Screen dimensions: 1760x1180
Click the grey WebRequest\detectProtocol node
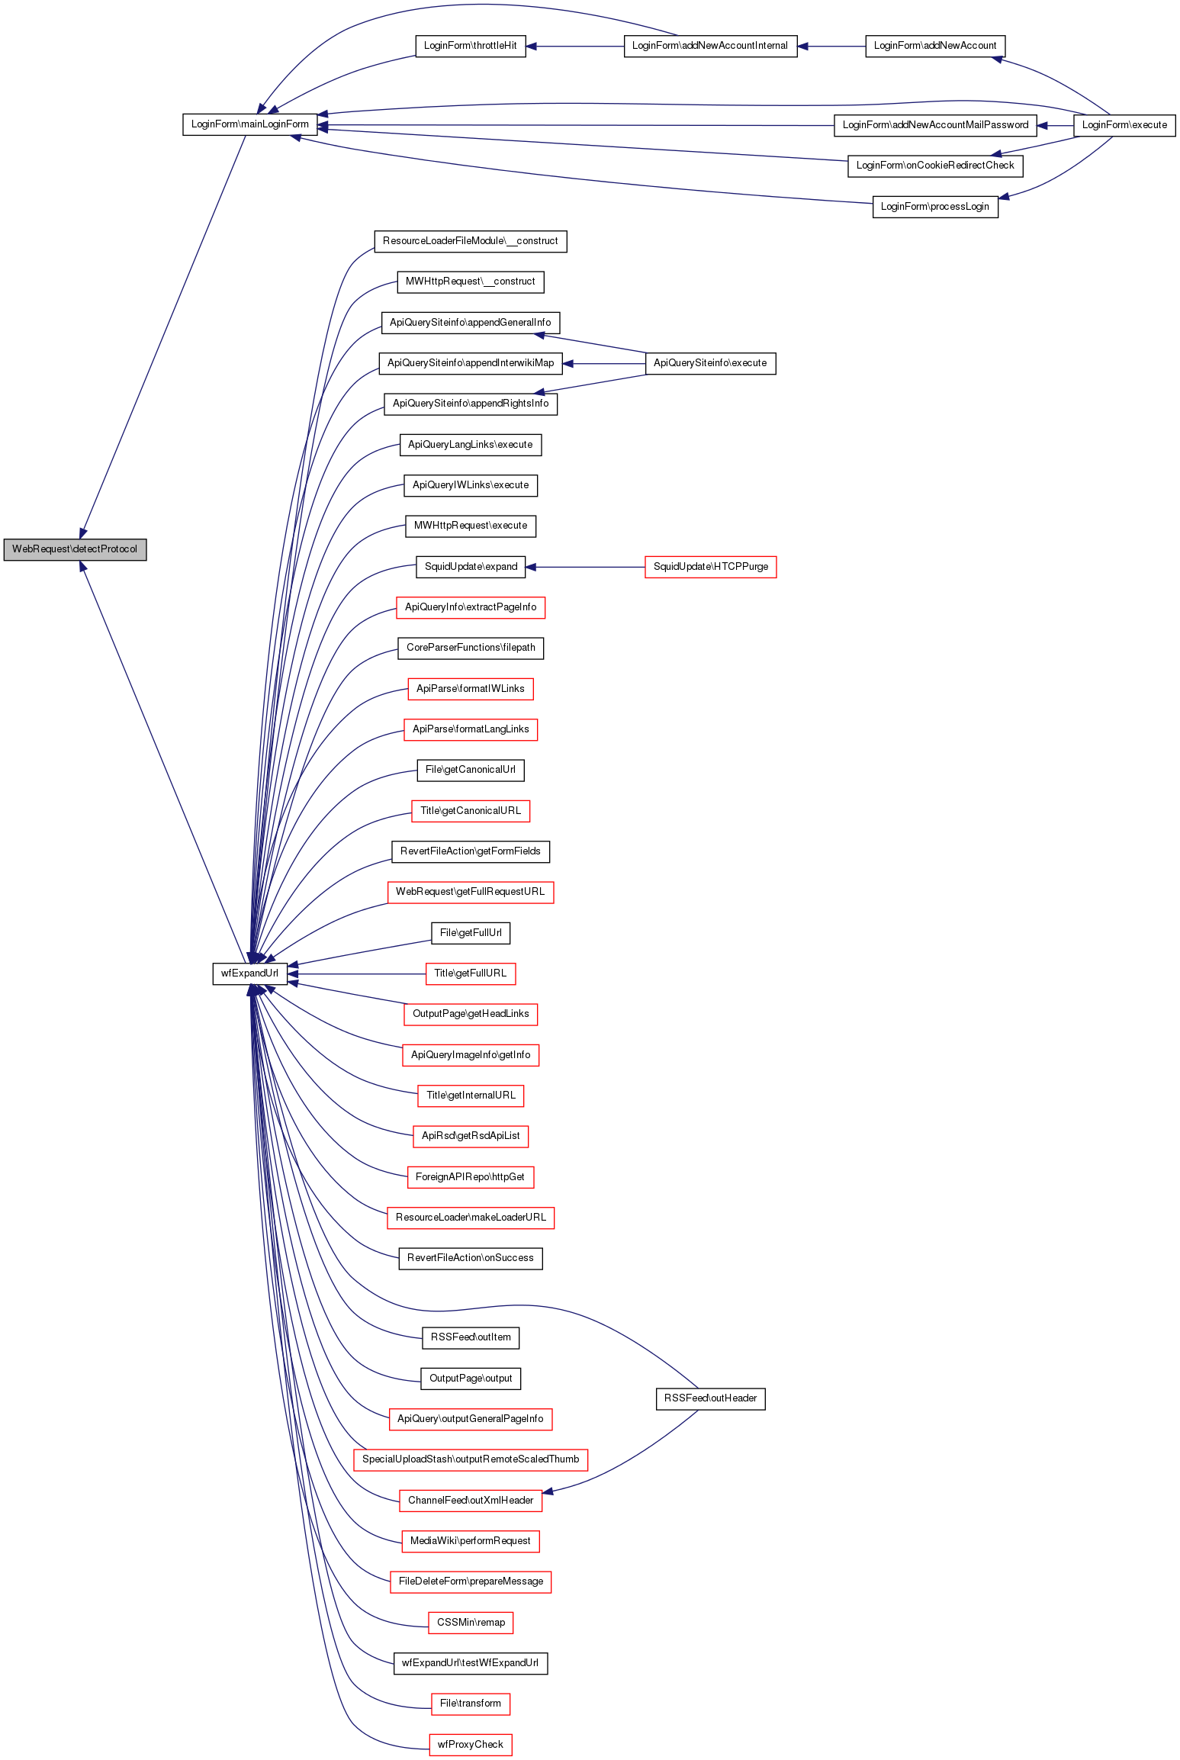[x=75, y=549]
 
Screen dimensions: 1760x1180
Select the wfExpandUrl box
[x=249, y=973]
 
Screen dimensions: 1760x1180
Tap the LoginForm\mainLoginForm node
[x=249, y=124]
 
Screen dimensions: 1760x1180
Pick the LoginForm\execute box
[x=1124, y=125]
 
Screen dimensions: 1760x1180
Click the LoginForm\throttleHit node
[x=470, y=46]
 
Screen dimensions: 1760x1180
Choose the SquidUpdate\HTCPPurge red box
[x=710, y=567]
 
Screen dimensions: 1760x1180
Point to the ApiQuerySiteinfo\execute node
[x=710, y=363]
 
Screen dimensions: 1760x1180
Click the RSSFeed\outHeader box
[x=710, y=1398]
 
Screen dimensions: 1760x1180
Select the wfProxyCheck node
[x=470, y=1745]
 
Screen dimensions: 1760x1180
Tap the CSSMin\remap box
[x=471, y=1623]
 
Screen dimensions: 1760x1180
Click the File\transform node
[x=470, y=1704]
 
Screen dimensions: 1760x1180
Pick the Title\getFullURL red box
[x=470, y=973]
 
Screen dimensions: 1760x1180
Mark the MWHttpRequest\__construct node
[x=470, y=282]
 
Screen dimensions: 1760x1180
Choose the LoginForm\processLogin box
[x=934, y=207]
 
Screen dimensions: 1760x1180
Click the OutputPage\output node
[x=471, y=1379]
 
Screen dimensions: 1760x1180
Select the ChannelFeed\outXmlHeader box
[x=471, y=1501]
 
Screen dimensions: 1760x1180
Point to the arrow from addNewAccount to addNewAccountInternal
[x=831, y=47]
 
